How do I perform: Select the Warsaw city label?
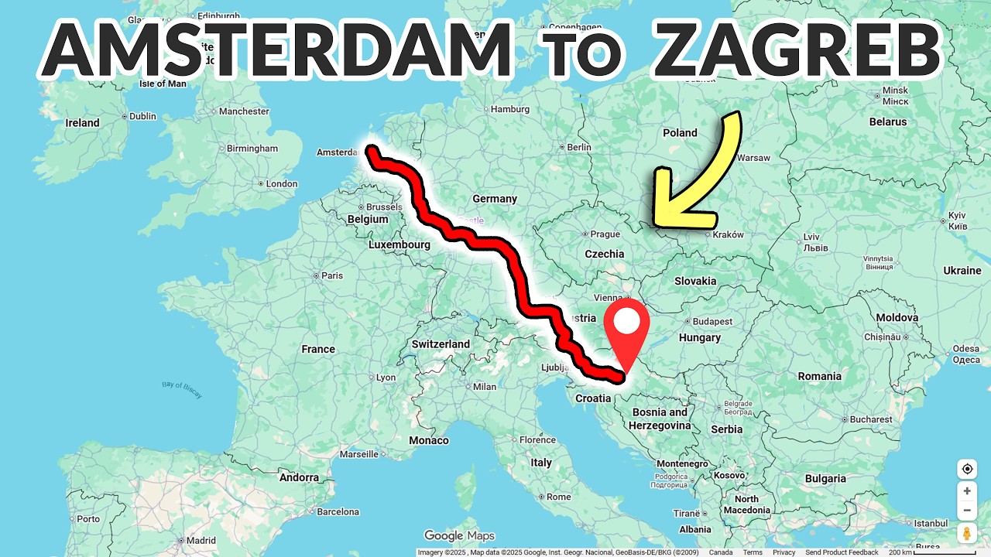(754, 158)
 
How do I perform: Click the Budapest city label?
(712, 321)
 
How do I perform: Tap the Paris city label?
(332, 275)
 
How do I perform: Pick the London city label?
(282, 184)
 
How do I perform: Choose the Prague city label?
(605, 234)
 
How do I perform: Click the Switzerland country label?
(441, 344)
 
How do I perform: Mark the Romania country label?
(820, 377)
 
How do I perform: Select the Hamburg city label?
(509, 110)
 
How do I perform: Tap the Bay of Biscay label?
(182, 388)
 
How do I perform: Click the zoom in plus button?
(967, 491)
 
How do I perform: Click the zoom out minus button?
(967, 511)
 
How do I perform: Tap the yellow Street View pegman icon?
(967, 533)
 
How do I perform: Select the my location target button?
(967, 469)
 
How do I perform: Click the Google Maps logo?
(459, 535)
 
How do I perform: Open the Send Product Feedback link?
(842, 552)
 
